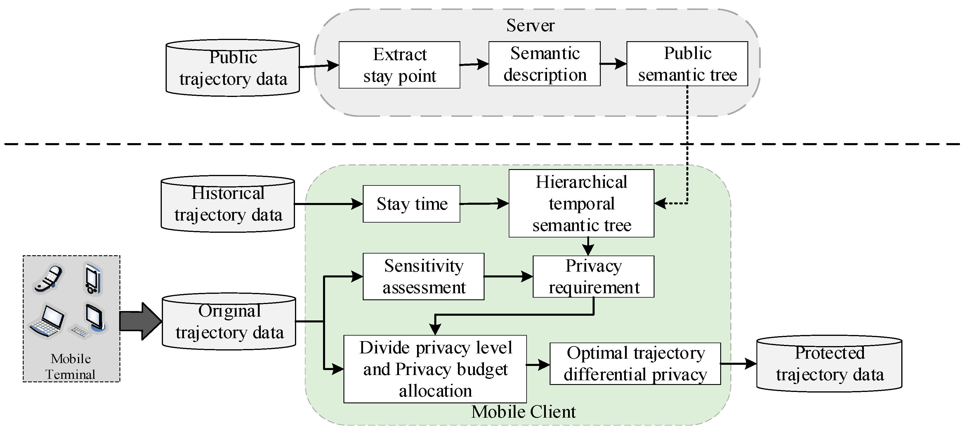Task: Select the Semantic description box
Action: coord(544,64)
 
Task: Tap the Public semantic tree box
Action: coord(687,64)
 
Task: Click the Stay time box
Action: coord(412,204)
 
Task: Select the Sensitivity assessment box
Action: coord(423,276)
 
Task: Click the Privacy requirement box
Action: coord(593,277)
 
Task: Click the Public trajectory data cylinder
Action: coord(233,68)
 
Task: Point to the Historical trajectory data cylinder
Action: coord(228,204)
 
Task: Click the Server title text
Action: coord(530,25)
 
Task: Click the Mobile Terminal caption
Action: coord(71,367)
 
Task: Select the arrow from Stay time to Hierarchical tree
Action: coord(484,204)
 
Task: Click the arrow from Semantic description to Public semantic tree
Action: coord(613,64)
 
